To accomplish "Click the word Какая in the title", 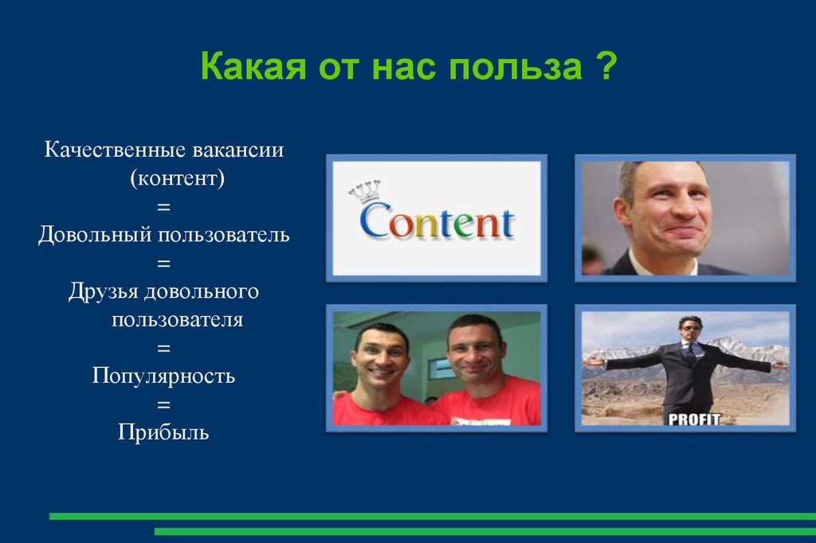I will click(x=247, y=67).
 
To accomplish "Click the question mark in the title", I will click(x=603, y=67).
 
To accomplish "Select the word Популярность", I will click(x=163, y=376).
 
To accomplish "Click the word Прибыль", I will click(x=163, y=432).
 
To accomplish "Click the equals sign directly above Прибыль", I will click(x=163, y=404).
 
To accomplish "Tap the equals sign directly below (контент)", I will click(x=163, y=207).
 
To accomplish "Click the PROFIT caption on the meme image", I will click(x=692, y=418).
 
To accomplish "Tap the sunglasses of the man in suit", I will click(x=690, y=326).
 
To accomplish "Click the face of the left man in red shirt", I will click(x=379, y=357).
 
